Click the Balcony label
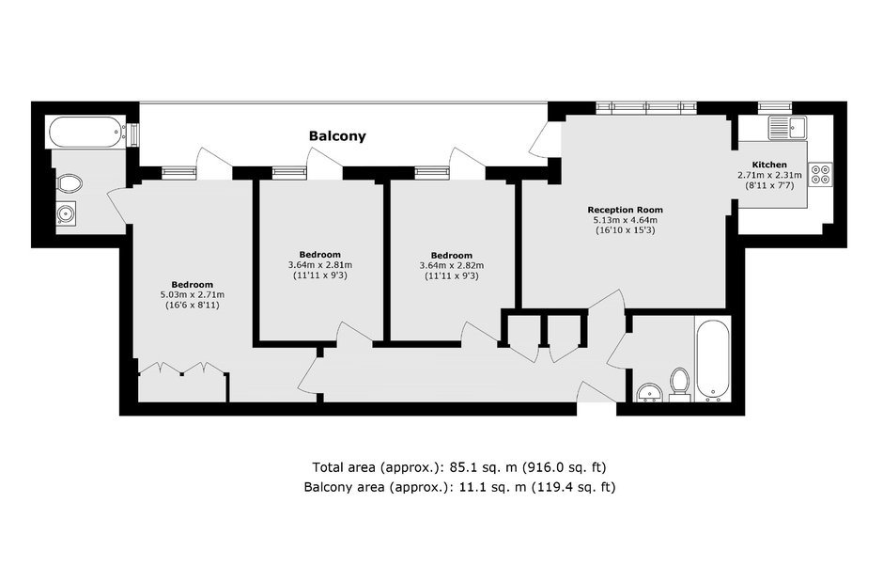337,136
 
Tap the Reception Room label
625,210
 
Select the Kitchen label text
769,165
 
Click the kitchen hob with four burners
819,174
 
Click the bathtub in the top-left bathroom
85,132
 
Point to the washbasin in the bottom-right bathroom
647,392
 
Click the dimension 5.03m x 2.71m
192,295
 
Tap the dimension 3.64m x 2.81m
320,265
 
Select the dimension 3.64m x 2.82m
451,265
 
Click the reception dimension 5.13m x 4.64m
625,220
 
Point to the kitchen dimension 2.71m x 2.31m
769,175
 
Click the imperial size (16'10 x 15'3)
625,230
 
